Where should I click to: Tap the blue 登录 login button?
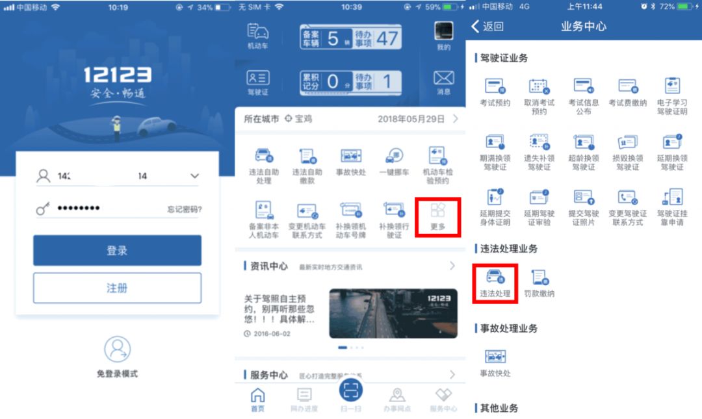pyautogui.click(x=117, y=251)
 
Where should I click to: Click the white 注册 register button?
pyautogui.click(x=117, y=288)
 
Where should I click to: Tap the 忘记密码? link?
pyautogui.click(x=184, y=209)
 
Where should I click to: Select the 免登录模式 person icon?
pyautogui.click(x=117, y=349)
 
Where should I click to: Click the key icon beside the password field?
pyautogui.click(x=44, y=209)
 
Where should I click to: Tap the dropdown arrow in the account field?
pyautogui.click(x=194, y=176)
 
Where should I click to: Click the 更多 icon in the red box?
pyautogui.click(x=437, y=210)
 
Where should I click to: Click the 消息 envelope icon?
pyautogui.click(x=443, y=79)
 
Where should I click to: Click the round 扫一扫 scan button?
pyautogui.click(x=351, y=390)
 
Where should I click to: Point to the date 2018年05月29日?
pyautogui.click(x=411, y=119)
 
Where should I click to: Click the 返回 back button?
pyautogui.click(x=487, y=27)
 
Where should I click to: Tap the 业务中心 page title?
pyautogui.click(x=584, y=27)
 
